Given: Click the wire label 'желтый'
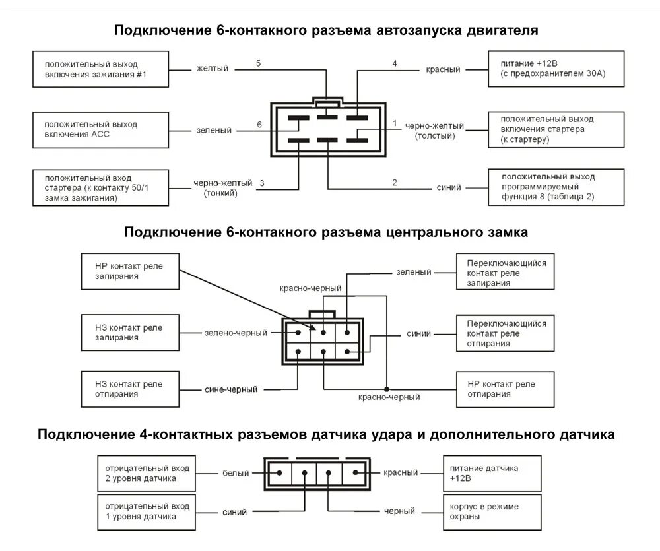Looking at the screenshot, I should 212,69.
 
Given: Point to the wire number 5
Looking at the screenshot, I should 259,63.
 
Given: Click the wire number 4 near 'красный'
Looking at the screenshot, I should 395,63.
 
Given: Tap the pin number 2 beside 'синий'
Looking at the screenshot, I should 395,183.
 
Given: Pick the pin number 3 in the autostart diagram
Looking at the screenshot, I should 261,183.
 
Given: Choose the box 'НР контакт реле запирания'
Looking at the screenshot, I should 130,271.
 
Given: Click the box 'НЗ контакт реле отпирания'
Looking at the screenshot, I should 130,389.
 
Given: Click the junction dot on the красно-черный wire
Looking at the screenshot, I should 387,388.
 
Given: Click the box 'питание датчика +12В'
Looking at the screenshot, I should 492,472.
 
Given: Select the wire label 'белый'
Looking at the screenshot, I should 236,473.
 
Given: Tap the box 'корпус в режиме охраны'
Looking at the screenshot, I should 492,511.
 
